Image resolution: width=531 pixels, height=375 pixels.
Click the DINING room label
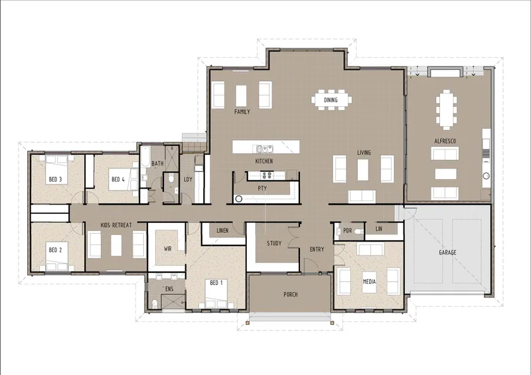331,100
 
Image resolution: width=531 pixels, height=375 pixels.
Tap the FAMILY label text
242,112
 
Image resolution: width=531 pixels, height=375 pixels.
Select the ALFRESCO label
445,141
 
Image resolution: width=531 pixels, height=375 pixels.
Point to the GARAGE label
447,252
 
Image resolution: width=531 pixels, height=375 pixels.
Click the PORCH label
291,295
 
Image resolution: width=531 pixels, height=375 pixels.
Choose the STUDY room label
274,243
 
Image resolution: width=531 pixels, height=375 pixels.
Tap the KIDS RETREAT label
116,225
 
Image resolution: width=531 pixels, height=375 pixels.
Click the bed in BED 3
56,170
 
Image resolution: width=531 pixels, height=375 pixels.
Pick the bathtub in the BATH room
145,157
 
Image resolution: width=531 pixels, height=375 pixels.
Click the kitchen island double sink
264,149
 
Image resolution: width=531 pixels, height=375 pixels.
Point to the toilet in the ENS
155,303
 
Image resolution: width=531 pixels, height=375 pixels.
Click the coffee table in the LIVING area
362,170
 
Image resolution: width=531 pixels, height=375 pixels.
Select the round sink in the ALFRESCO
486,176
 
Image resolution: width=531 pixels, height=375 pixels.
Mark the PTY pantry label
262,188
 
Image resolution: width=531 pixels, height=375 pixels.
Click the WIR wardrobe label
168,249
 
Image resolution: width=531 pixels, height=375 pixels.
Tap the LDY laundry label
188,180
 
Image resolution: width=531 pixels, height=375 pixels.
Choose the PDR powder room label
347,231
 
